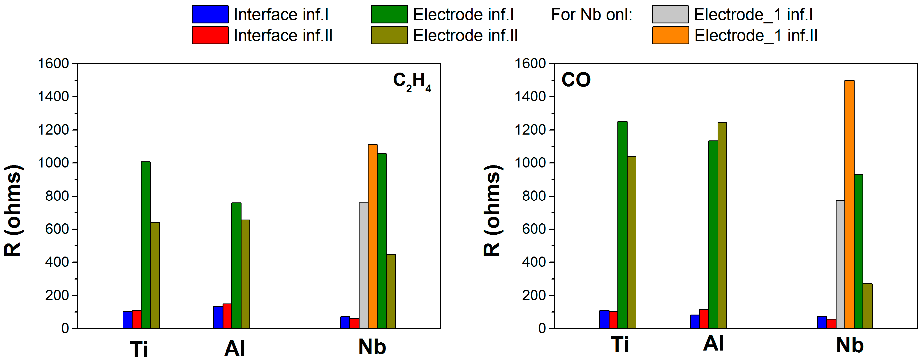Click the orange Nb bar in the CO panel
[x=849, y=204]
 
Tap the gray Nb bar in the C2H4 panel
[x=363, y=265]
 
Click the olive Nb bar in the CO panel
[x=867, y=306]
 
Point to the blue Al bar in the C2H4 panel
[x=218, y=317]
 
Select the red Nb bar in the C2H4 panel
[x=354, y=323]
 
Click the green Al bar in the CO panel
[x=713, y=235]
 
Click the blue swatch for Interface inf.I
[x=210, y=15]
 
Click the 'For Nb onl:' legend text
[x=592, y=15]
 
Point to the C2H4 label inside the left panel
[x=412, y=82]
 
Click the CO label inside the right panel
[x=576, y=80]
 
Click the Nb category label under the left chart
[x=372, y=346]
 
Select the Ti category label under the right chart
[x=620, y=345]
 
